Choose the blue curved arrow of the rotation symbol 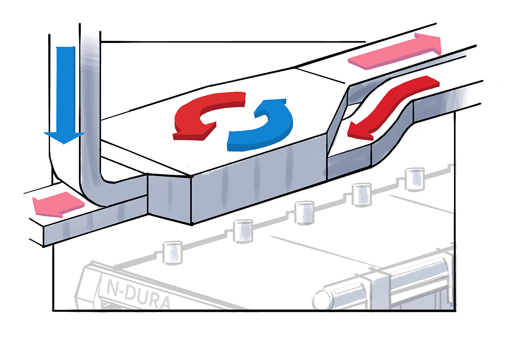pyautogui.click(x=266, y=127)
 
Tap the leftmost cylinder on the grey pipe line pyautogui.click(x=172, y=252)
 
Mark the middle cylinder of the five pyautogui.click(x=303, y=212)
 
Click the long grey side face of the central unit pyautogui.click(x=257, y=180)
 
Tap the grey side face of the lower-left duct pyautogui.click(x=94, y=221)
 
